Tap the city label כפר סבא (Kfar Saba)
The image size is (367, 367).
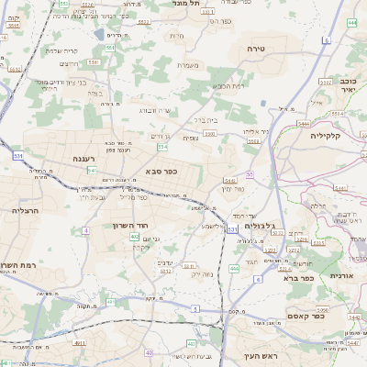pos(161,172)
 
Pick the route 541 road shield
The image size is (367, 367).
pos(91,172)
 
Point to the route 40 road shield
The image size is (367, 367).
pos(149,352)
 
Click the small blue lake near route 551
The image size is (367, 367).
pos(98,34)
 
